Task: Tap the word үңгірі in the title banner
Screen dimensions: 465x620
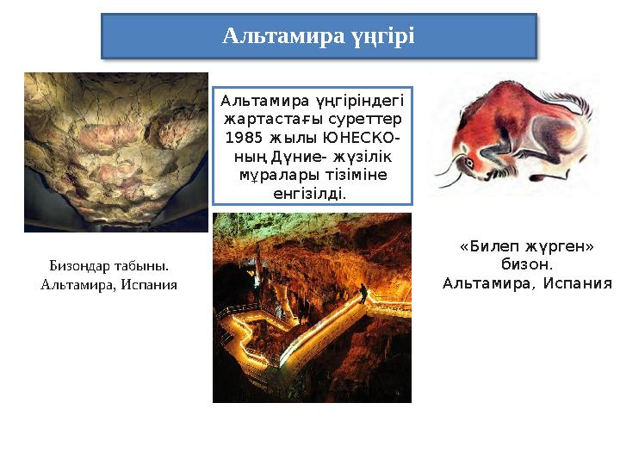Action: [x=382, y=36]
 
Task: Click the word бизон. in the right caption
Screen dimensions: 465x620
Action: [x=526, y=263]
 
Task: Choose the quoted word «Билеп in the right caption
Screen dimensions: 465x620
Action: [x=481, y=246]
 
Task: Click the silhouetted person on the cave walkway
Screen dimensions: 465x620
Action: [x=363, y=294]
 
